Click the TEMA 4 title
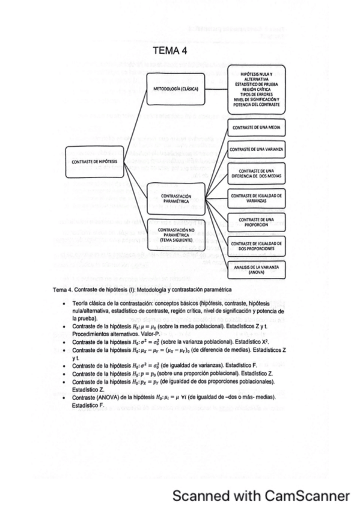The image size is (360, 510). [x=171, y=51]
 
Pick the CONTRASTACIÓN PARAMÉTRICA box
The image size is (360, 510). [x=175, y=198]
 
